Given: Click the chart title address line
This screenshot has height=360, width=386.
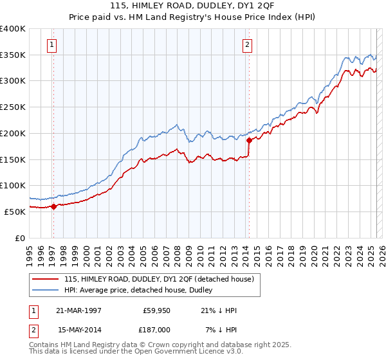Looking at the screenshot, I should pyautogui.click(x=192, y=7).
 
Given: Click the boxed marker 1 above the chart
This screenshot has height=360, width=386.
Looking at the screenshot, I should pyautogui.click(x=51, y=45).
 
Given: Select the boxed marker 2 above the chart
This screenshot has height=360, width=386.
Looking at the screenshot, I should pyautogui.click(x=247, y=45).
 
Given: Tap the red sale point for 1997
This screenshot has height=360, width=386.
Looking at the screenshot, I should pyautogui.click(x=53, y=206).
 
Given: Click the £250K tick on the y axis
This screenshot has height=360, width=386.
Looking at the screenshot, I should pyautogui.click(x=14, y=107).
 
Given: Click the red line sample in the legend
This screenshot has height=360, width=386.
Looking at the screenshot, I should pyautogui.click(x=46, y=279).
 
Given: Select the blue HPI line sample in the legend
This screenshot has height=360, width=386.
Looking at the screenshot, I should pyautogui.click(x=46, y=291).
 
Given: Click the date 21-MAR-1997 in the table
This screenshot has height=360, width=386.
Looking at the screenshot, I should pyautogui.click(x=78, y=310).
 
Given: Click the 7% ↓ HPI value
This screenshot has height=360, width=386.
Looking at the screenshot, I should pyautogui.click(x=222, y=329).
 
